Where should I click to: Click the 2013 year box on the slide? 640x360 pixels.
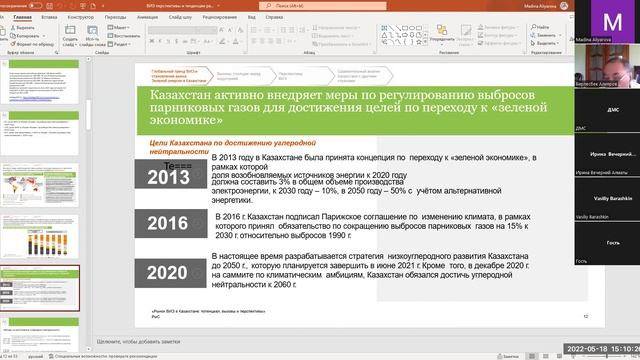pos(166,176)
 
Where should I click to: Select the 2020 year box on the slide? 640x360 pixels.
pos(166,272)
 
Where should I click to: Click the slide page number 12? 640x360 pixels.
pos(586,315)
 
